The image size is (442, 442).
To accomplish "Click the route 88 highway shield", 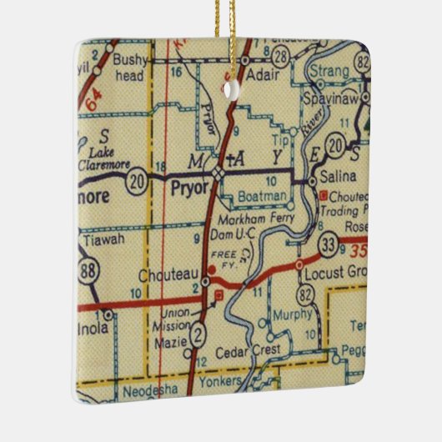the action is click(x=87, y=272).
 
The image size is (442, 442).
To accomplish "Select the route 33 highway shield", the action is click(x=328, y=244).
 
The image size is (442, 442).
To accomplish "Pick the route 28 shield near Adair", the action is click(x=284, y=56).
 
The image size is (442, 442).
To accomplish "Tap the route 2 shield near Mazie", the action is click(x=197, y=336).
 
